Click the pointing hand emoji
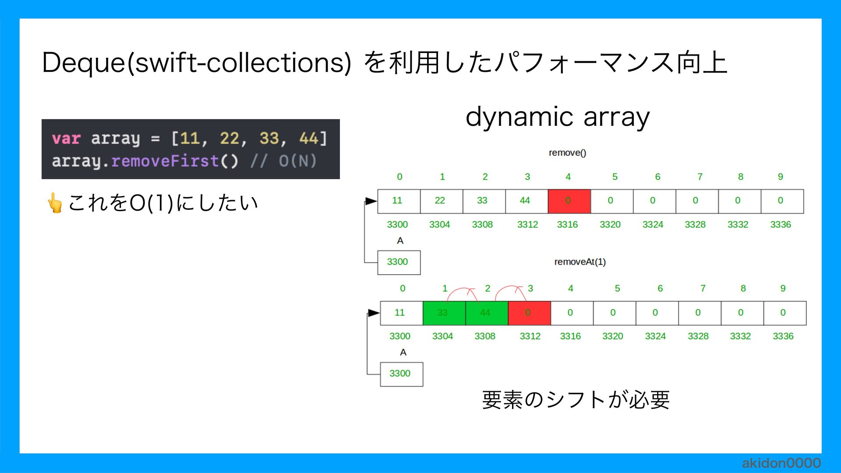pos(55,203)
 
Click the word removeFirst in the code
pos(165,161)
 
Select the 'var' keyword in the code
pos(66,139)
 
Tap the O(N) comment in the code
pos(297,161)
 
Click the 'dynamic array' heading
pos(557,117)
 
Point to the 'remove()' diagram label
pos(567,153)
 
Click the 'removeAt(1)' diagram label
pos(580,262)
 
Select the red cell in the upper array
pos(569,201)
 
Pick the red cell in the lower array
pos(529,313)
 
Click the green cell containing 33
pos(444,313)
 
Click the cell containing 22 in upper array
pos(441,201)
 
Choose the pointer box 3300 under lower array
pos(401,374)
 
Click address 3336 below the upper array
pos(781,225)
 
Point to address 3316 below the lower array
pos(570,336)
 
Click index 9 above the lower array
pos(783,289)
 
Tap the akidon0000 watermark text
pos(781,463)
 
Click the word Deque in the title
pos(83,63)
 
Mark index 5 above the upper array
pos(615,177)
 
